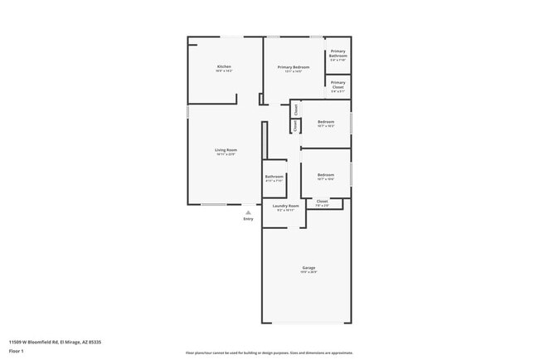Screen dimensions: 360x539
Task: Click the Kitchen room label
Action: tap(224, 66)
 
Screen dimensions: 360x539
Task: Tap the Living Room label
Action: tap(226, 150)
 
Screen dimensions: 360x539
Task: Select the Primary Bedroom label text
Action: tap(294, 67)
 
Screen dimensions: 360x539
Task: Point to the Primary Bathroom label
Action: tap(338, 53)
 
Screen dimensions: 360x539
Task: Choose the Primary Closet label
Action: tap(338, 84)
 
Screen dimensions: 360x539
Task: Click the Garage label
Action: tap(308, 267)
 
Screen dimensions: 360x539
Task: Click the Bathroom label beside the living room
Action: tap(274, 176)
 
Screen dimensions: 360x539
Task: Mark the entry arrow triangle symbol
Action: tap(248, 212)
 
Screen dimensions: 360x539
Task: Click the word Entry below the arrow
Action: tap(248, 219)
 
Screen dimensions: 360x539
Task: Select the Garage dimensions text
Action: tap(308, 271)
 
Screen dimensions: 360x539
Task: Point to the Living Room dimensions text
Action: tap(226, 154)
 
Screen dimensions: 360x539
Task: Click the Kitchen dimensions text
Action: tap(224, 71)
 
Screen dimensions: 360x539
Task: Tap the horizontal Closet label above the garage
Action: tap(322, 201)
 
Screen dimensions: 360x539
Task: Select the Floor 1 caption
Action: tap(17, 351)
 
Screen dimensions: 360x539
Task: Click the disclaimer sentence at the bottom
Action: tap(269, 353)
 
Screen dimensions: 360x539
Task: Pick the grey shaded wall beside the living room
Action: tap(265, 141)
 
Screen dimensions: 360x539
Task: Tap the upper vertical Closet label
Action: tap(296, 109)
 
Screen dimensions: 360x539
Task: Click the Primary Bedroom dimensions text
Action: tap(294, 72)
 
